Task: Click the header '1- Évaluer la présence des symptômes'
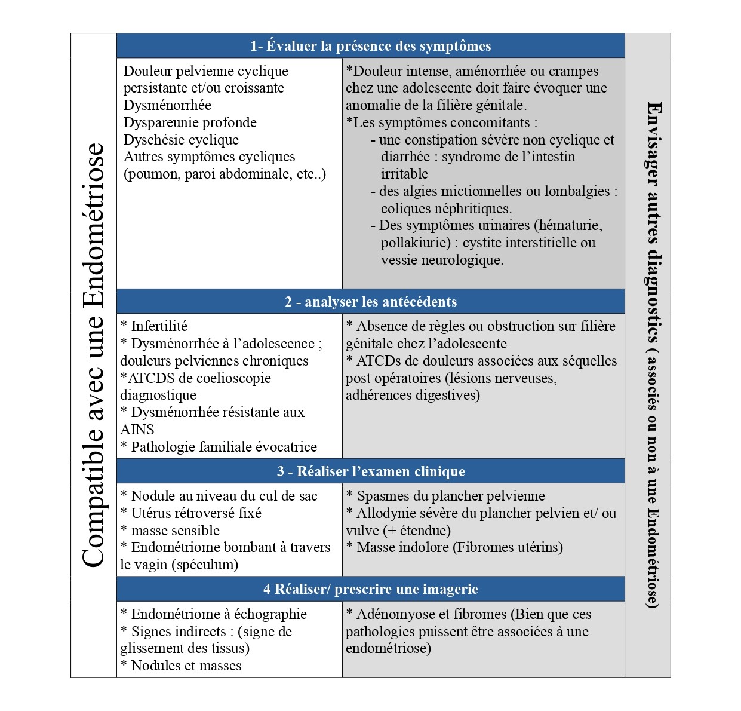[x=370, y=46]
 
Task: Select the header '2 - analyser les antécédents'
[x=370, y=302]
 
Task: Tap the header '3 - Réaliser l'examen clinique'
[x=370, y=471]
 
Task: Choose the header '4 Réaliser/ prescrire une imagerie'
[x=370, y=589]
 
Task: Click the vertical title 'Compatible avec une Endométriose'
[x=93, y=355]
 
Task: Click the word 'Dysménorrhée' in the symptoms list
[x=167, y=105]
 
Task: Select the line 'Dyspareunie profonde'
[x=190, y=122]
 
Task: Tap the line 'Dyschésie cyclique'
[x=181, y=140]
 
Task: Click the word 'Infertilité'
[x=159, y=326]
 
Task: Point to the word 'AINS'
[x=137, y=430]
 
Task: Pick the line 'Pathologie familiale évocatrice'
[x=224, y=447]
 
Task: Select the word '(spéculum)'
[x=205, y=565]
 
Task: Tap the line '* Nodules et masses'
[x=181, y=666]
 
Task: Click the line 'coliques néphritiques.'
[x=447, y=209]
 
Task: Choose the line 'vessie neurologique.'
[x=442, y=260]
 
